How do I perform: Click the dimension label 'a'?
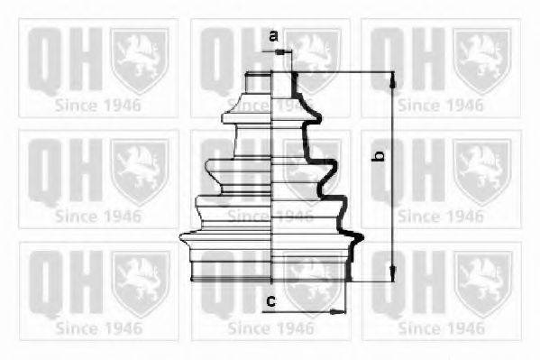click(x=273, y=35)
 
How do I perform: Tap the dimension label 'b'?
click(x=379, y=156)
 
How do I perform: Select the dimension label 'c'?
click(x=271, y=301)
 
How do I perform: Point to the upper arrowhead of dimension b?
click(x=392, y=83)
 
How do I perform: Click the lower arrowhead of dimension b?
click(x=392, y=272)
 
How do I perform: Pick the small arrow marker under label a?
click(x=281, y=52)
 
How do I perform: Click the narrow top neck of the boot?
click(x=270, y=83)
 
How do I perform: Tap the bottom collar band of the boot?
click(x=271, y=271)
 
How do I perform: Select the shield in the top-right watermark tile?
click(x=481, y=60)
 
